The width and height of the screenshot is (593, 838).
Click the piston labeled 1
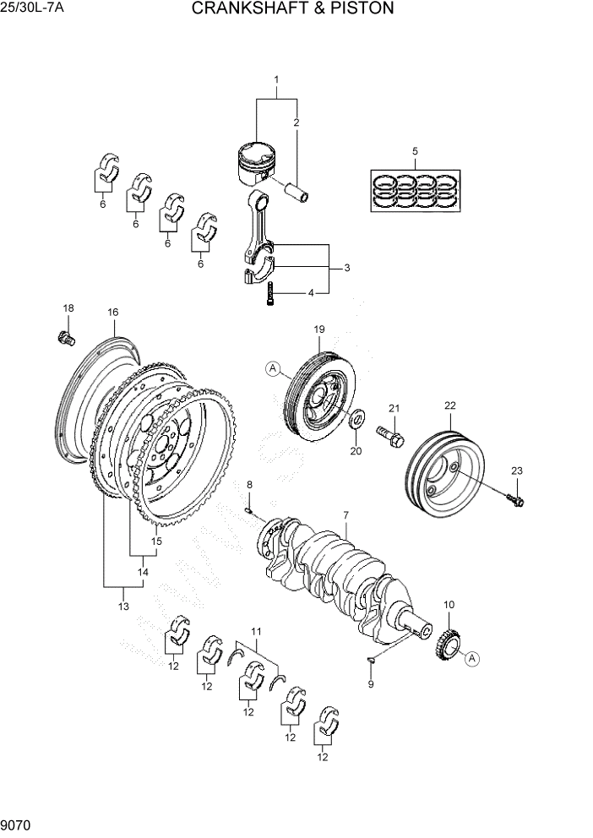[256, 163]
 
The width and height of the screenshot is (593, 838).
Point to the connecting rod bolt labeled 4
[269, 296]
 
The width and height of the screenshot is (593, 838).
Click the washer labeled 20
[356, 417]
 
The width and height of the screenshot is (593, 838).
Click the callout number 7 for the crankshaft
[345, 514]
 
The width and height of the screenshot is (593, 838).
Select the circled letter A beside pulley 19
[272, 367]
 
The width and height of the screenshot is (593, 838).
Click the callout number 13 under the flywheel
[123, 607]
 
